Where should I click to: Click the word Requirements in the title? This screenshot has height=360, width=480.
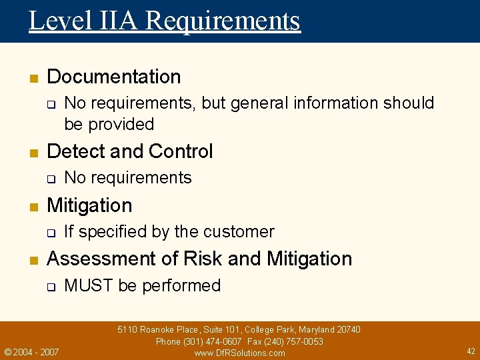pos(223,21)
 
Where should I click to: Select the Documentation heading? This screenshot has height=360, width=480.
pos(114,77)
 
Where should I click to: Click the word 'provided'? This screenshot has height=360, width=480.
pos(121,124)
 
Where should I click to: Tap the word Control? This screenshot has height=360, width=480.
pos(181,151)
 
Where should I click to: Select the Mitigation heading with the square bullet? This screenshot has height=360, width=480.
pos(89,205)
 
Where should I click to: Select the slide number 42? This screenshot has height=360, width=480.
pos(471,351)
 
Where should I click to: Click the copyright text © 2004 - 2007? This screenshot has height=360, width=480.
pos(31,351)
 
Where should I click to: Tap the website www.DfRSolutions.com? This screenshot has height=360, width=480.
pos(239,353)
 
